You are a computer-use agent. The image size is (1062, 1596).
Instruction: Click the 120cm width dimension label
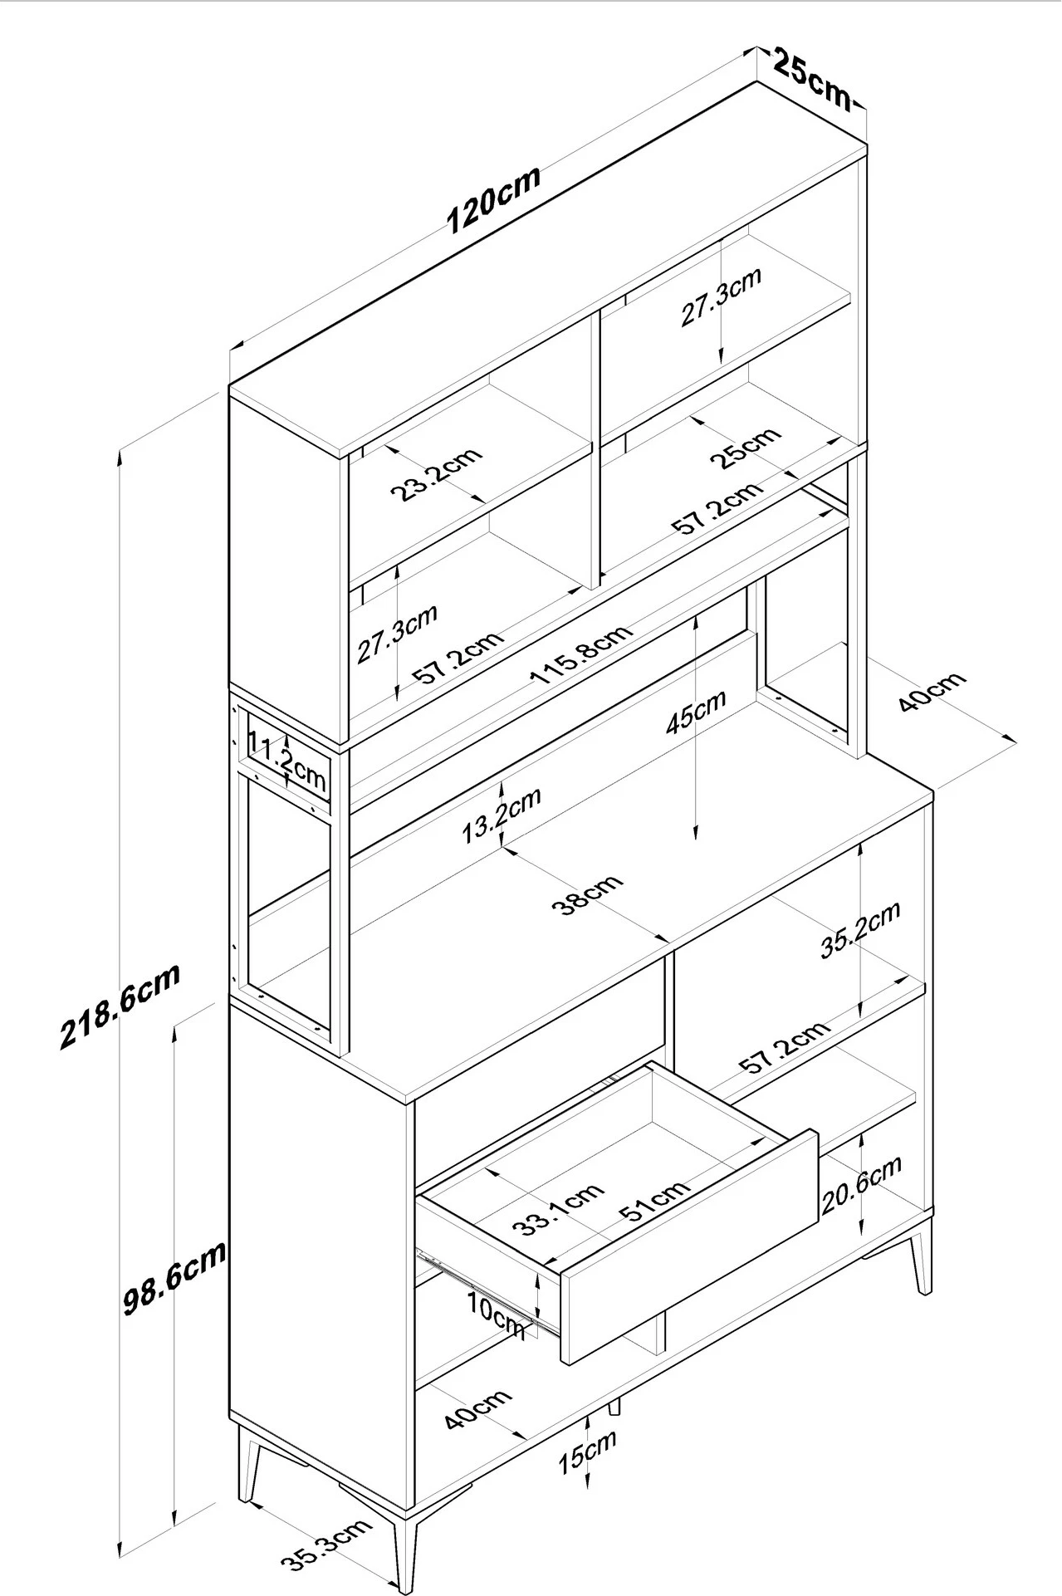coord(494,199)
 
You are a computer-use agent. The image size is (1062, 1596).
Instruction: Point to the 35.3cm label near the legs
coord(325,1545)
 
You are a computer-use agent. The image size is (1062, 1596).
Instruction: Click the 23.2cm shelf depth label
coord(437,474)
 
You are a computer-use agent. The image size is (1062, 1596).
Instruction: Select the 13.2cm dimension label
coord(502,815)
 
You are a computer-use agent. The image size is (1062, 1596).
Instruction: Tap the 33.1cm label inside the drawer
coord(557,1208)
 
